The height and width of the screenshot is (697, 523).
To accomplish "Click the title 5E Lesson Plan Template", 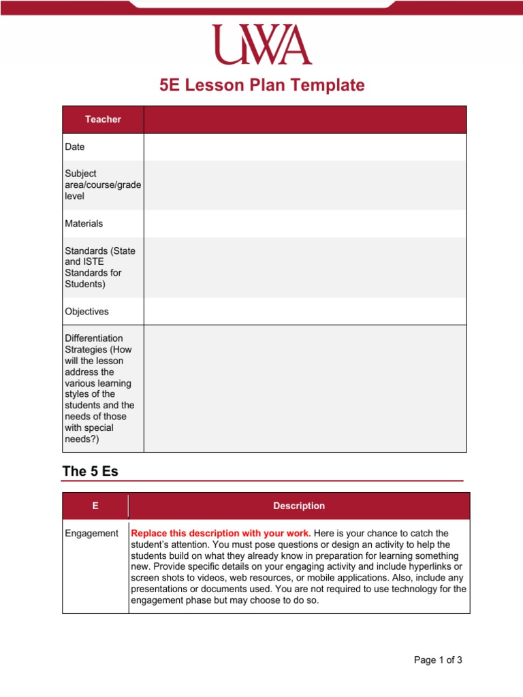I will [x=261, y=86].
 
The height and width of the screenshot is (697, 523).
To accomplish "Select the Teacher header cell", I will [x=103, y=120].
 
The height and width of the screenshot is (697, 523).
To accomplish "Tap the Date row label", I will [x=75, y=147].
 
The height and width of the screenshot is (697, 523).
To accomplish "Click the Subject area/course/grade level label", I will [x=103, y=184].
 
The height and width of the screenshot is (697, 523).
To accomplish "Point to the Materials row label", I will [x=84, y=223].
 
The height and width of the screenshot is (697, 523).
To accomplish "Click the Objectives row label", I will [x=86, y=312].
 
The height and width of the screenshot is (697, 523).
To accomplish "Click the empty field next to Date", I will [x=305, y=147].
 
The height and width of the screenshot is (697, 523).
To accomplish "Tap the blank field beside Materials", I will [x=305, y=223].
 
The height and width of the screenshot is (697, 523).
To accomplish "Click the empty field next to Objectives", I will [x=305, y=312].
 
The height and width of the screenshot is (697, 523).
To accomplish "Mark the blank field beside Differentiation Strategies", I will [x=305, y=389].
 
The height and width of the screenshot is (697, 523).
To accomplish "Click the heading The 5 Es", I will [x=91, y=471].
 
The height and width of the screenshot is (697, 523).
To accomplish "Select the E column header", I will [x=95, y=506].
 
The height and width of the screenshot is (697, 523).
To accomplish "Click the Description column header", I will [x=299, y=506].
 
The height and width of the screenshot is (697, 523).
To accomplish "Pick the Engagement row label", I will [x=91, y=534].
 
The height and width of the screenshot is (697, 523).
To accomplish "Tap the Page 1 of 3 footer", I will [x=439, y=660].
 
